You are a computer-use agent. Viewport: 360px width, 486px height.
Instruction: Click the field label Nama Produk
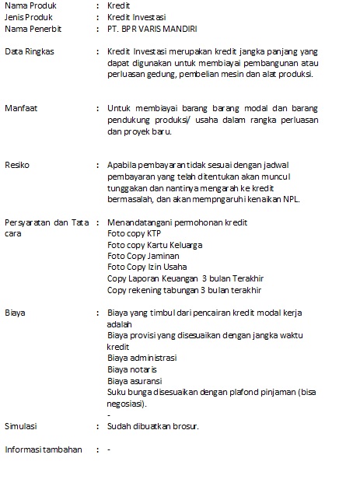click(27, 5)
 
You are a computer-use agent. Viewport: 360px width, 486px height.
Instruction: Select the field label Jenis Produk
click(27, 16)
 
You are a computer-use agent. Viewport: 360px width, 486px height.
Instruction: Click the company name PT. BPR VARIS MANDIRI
click(152, 28)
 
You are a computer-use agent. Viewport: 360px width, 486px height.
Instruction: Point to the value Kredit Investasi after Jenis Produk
click(137, 16)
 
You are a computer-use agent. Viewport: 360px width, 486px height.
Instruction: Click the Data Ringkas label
click(26, 51)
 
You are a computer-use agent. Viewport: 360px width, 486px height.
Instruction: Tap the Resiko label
click(18, 165)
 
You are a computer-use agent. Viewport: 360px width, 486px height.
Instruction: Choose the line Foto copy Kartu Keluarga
click(155, 244)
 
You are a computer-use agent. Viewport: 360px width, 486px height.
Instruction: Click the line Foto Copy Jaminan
click(143, 256)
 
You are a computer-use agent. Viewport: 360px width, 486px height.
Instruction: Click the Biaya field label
click(16, 313)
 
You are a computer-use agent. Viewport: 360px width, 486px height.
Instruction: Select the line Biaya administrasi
click(142, 358)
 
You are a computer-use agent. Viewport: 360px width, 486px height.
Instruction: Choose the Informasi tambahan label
click(44, 449)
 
